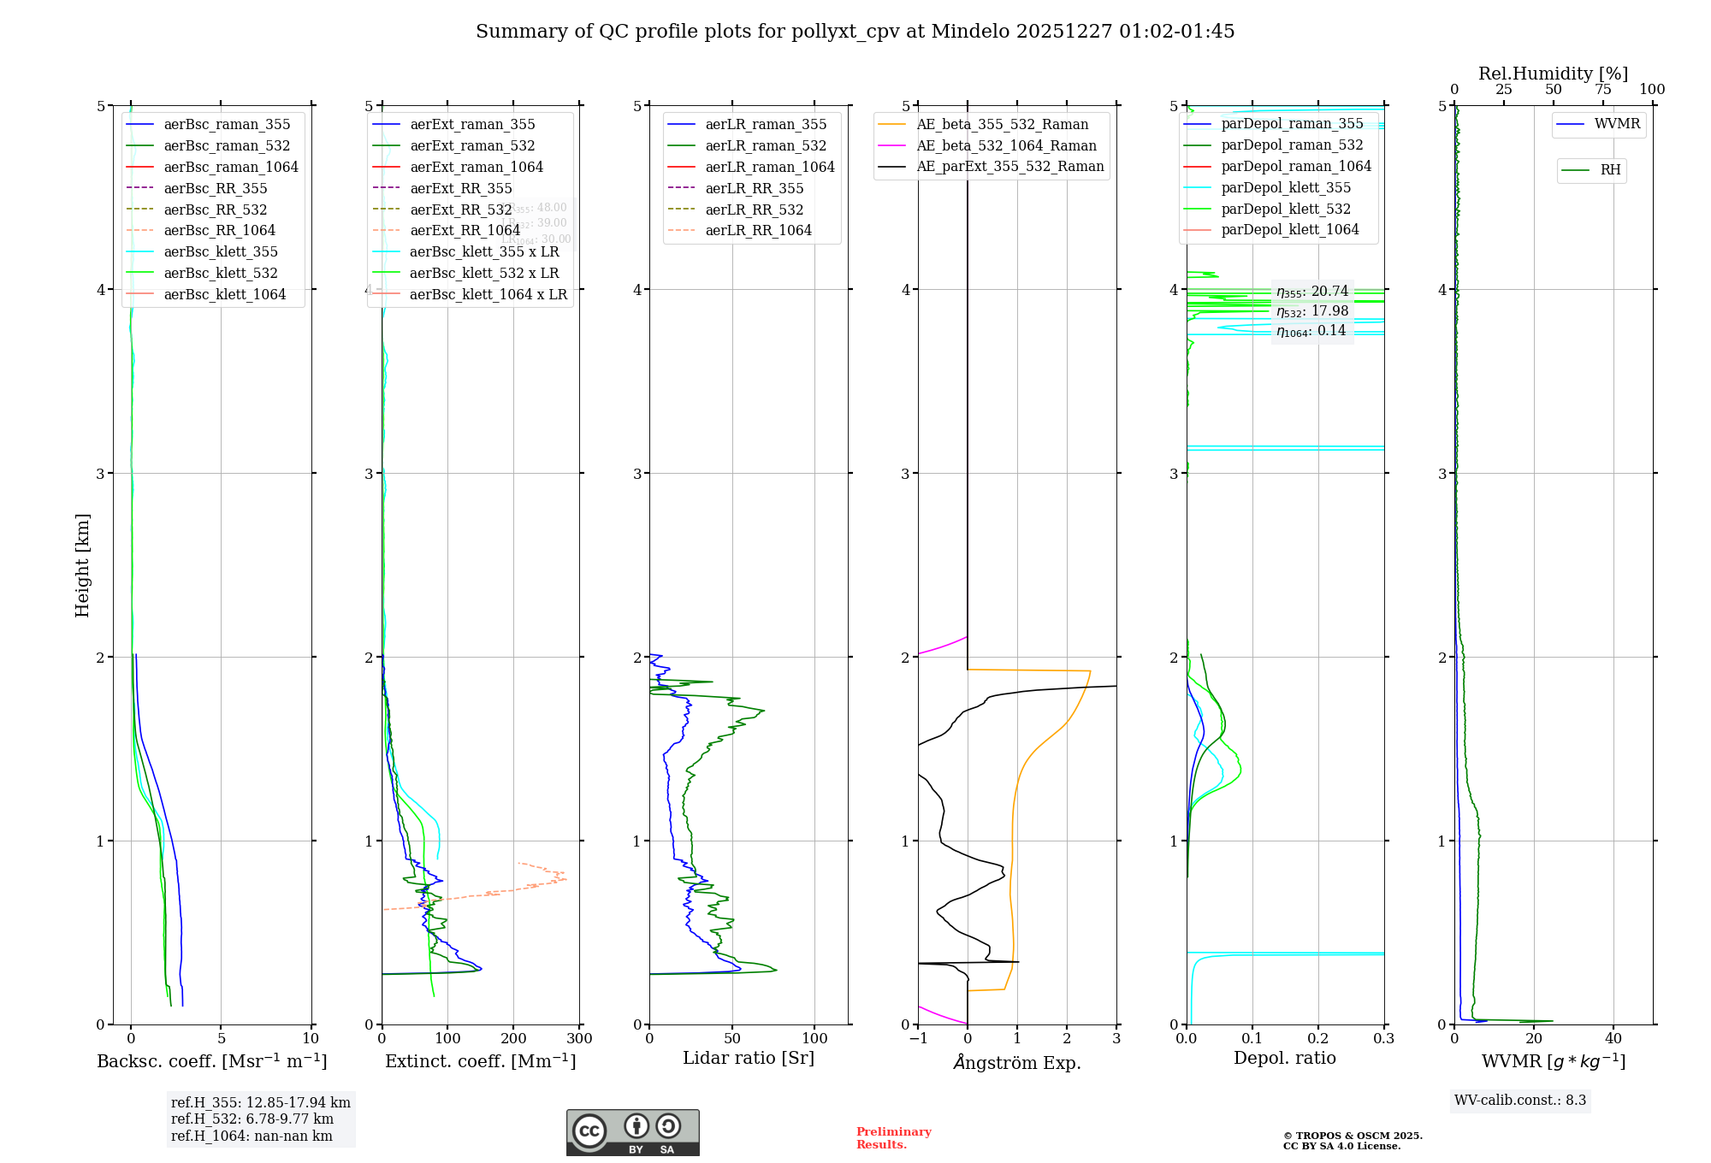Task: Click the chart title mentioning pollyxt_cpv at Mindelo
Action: coord(855,32)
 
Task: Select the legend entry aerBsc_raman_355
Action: coord(227,125)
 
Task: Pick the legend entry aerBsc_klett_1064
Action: coord(224,294)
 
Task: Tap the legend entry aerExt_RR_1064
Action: coord(465,231)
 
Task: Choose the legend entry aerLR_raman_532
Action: coord(766,146)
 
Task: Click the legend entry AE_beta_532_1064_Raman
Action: coord(1006,146)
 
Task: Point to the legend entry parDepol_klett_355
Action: coord(1286,188)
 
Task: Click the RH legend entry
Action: coord(1610,170)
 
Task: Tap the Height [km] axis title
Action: coord(82,564)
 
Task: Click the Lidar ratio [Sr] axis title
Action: coord(749,1058)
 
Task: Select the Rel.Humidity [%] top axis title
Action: coord(1553,74)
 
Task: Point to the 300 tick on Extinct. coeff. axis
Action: coord(579,1038)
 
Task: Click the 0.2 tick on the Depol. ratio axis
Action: coord(1318,1038)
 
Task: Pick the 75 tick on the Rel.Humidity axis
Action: coord(1602,90)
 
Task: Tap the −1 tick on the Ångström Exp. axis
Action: coord(918,1038)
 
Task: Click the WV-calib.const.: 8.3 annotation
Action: coord(1520,1101)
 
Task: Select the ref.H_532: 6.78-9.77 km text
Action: coord(252,1119)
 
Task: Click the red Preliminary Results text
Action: coord(893,1138)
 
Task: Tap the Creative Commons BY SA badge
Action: coord(632,1132)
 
